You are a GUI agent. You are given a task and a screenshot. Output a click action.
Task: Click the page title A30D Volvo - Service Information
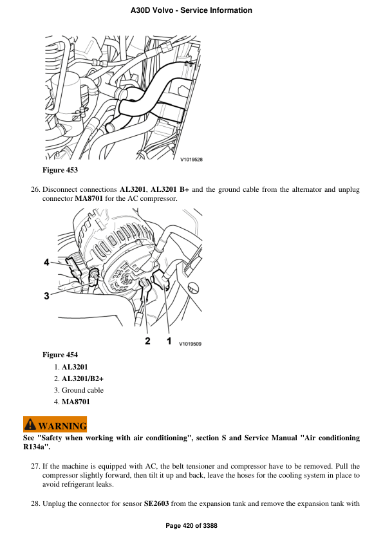pyautogui.click(x=191, y=10)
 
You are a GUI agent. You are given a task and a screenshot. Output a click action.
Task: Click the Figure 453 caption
pyautogui.click(x=60, y=170)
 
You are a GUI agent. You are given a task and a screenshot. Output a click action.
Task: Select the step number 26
pyautogui.click(x=35, y=190)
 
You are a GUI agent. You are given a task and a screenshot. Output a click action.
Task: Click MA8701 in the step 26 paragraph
pyautogui.click(x=89, y=199)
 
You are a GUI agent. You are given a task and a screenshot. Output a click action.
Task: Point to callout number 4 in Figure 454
pyautogui.click(x=46, y=262)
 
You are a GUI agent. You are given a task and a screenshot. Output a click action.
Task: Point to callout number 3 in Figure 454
pyautogui.click(x=46, y=296)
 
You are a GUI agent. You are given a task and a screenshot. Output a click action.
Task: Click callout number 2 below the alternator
pyautogui.click(x=147, y=341)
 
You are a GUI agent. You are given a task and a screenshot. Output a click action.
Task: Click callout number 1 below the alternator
pyautogui.click(x=169, y=341)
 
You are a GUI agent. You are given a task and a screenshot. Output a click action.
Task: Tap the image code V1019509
pyautogui.click(x=190, y=344)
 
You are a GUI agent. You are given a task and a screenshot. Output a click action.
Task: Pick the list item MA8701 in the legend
pyautogui.click(x=76, y=402)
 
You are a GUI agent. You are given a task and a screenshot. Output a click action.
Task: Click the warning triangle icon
pyautogui.click(x=30, y=425)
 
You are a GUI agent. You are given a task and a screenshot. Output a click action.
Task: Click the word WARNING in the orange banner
pyautogui.click(x=62, y=425)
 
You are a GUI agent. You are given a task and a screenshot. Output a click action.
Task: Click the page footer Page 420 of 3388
pyautogui.click(x=191, y=526)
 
